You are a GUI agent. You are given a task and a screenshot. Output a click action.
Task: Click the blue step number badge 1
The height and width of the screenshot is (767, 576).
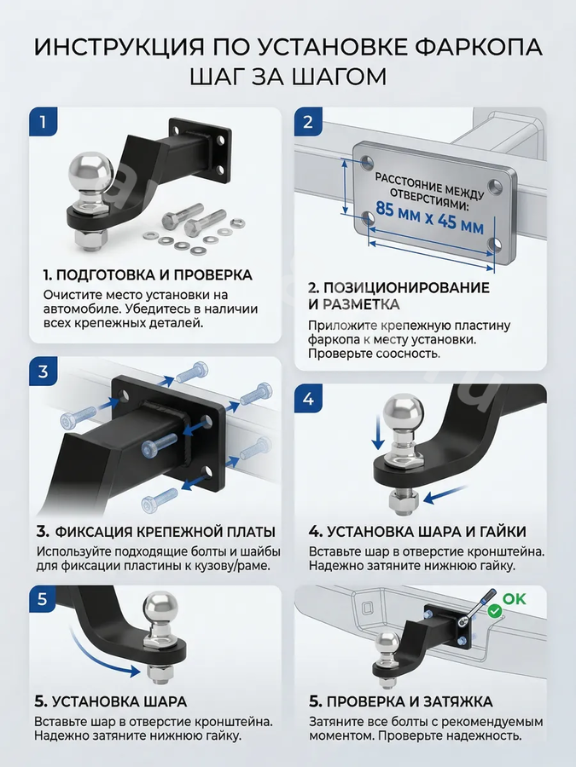click(x=44, y=121)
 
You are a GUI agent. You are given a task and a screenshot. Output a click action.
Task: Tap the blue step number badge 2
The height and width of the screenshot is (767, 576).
click(x=308, y=122)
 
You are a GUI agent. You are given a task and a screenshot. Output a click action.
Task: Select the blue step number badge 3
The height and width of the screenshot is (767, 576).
click(x=44, y=372)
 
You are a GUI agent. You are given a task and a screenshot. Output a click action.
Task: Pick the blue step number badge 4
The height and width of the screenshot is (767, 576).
click(x=308, y=399)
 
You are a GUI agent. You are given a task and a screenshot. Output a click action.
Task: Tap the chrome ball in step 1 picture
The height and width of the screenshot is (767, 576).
click(x=91, y=171)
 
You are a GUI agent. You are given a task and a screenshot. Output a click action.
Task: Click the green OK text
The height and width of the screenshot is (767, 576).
click(x=515, y=599)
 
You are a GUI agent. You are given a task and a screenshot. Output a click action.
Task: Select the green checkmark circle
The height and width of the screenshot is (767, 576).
click(x=495, y=611)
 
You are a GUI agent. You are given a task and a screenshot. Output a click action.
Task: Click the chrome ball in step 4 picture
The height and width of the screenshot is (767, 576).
click(x=403, y=412)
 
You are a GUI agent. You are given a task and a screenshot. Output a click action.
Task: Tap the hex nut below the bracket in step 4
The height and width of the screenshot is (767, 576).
click(x=403, y=501)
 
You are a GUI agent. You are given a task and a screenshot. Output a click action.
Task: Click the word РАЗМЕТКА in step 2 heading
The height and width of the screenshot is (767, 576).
click(x=362, y=304)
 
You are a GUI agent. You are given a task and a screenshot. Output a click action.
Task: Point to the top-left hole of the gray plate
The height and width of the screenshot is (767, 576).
click(x=366, y=160)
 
